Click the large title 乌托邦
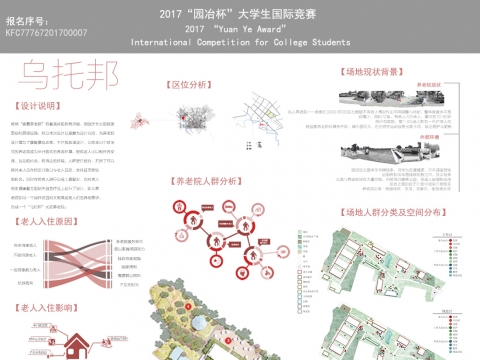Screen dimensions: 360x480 click(x=63, y=76)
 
